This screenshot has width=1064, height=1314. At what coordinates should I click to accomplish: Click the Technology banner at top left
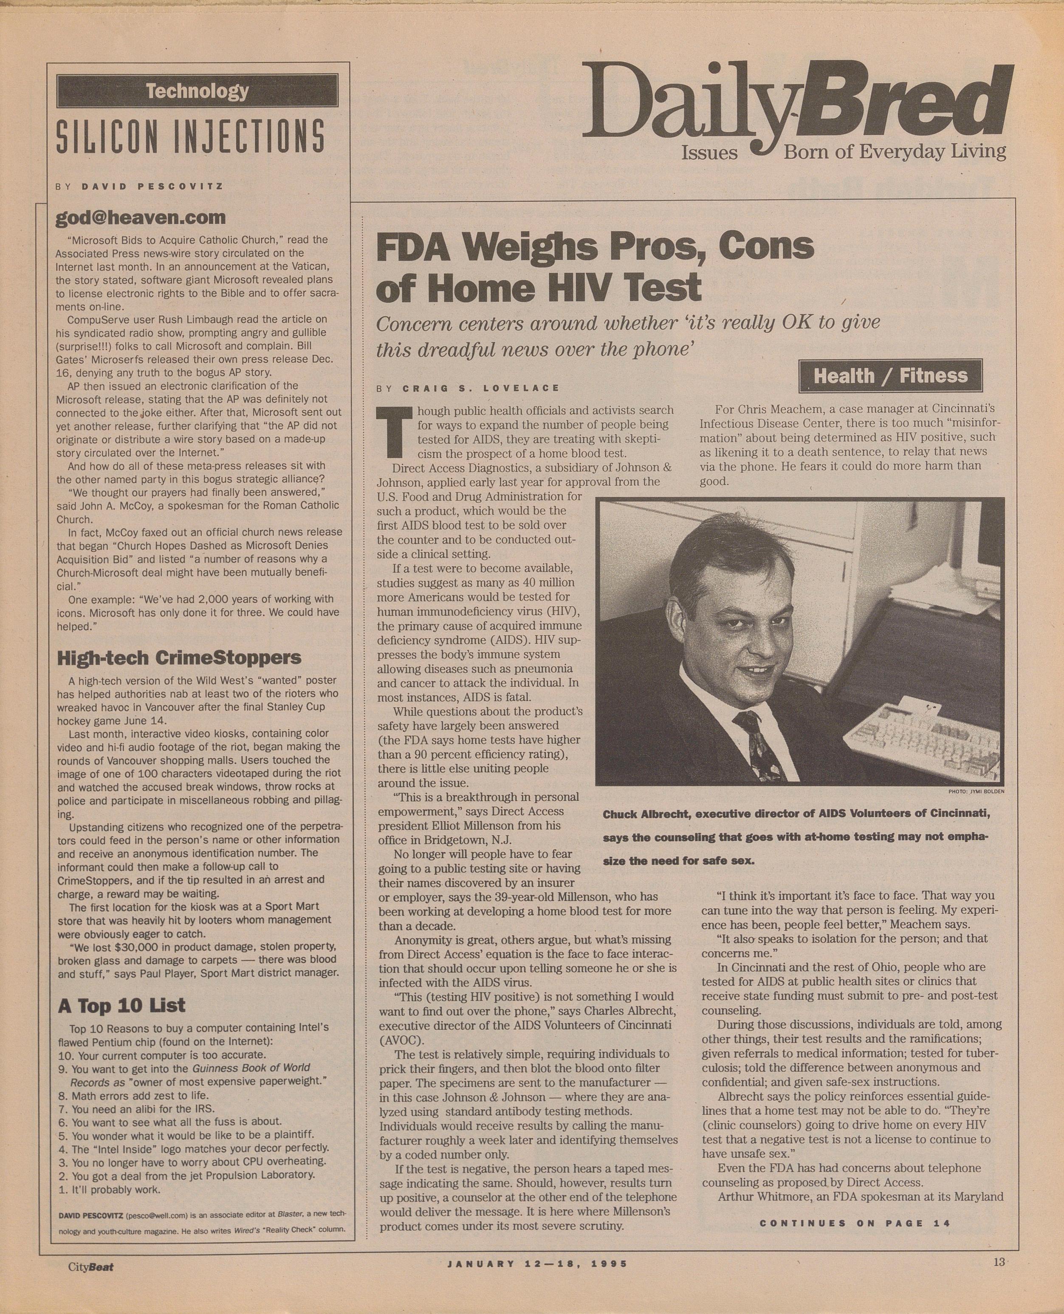[x=197, y=91]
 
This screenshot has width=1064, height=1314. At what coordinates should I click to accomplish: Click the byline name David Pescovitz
[x=152, y=187]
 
